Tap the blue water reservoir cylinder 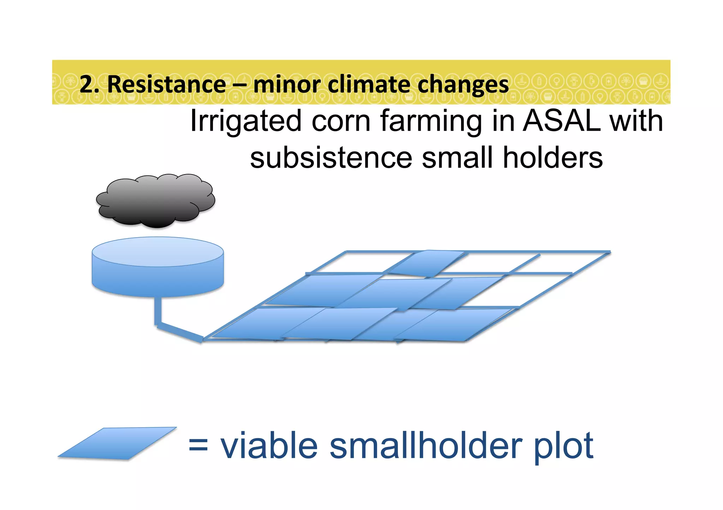157,268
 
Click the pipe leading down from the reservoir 158,312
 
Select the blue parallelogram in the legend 117,443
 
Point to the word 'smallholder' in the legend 426,446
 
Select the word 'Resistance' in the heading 166,85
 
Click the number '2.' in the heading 89,85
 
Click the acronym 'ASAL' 562,121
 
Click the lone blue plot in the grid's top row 426,263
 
